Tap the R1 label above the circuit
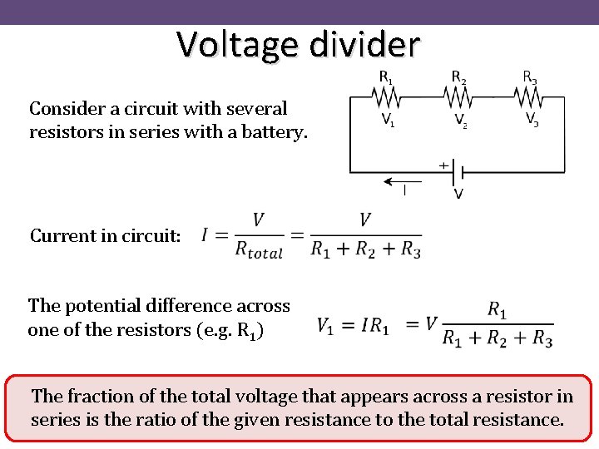[x=386, y=77]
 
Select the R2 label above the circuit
[x=458, y=77]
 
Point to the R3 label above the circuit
[x=529, y=77]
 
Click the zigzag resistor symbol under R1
[x=387, y=99]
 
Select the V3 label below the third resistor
[x=532, y=120]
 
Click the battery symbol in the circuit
[x=458, y=173]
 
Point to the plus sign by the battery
[x=443, y=165]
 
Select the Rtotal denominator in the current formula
[x=259, y=249]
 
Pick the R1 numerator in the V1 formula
[x=497, y=310]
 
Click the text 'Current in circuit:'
[x=105, y=235]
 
